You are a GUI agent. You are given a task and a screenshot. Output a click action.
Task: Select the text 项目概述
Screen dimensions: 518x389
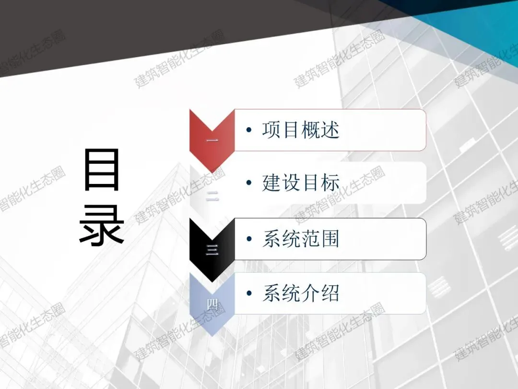301,130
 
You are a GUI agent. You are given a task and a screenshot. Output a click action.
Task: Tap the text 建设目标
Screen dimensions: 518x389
301,183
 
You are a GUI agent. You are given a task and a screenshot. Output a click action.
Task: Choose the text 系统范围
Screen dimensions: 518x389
301,239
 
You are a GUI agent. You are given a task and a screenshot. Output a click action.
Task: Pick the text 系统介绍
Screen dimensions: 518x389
301,293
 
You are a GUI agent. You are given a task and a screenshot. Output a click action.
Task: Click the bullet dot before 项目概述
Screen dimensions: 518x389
248,131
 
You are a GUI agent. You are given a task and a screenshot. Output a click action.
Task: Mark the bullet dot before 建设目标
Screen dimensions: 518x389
248,183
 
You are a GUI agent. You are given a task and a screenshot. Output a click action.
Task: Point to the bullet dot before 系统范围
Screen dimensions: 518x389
248,239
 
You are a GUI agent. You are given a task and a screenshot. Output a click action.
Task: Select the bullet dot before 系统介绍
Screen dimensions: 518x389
248,293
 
